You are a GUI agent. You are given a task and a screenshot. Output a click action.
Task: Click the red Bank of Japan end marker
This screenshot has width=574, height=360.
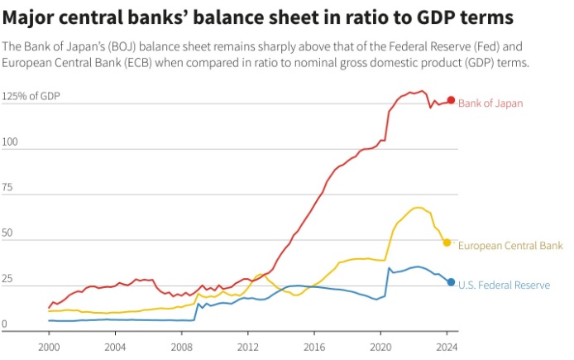pyautogui.click(x=451, y=100)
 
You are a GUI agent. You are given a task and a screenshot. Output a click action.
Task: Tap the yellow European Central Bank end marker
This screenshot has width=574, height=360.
pyautogui.click(x=447, y=242)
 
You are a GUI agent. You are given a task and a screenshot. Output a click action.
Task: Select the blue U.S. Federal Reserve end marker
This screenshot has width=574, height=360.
pyautogui.click(x=451, y=282)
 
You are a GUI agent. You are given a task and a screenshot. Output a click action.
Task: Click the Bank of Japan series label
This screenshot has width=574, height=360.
pyautogui.click(x=490, y=103)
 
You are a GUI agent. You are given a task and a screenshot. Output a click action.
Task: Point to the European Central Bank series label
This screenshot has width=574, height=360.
pyautogui.click(x=510, y=246)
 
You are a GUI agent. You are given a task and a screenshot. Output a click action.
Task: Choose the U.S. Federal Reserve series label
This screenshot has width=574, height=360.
pyautogui.click(x=504, y=286)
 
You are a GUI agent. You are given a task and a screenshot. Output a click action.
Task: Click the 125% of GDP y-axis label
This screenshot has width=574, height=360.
pyautogui.click(x=31, y=96)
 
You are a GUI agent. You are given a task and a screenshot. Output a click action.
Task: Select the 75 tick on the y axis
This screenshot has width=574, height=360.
pyautogui.click(x=8, y=188)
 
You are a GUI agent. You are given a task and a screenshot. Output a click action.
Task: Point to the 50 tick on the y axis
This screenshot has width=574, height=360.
pyautogui.click(x=8, y=233)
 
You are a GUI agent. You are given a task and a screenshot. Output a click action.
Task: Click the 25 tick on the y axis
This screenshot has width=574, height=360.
pyautogui.click(x=8, y=279)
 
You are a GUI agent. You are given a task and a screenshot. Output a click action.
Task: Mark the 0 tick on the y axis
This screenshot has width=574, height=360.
pyautogui.click(x=6, y=324)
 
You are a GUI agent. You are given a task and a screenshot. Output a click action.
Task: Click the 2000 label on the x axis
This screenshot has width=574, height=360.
pyautogui.click(x=49, y=345)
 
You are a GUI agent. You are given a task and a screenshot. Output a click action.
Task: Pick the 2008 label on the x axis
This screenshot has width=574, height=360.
pyautogui.click(x=181, y=345)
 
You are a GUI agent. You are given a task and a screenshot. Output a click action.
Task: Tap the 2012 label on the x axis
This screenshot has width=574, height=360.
pyautogui.click(x=247, y=345)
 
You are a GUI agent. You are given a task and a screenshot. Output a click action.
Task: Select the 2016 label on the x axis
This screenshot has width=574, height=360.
pyautogui.click(x=314, y=345)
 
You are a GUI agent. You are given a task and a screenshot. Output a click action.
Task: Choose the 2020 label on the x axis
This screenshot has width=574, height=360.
pyautogui.click(x=380, y=345)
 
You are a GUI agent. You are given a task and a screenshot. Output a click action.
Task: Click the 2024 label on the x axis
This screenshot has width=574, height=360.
pyautogui.click(x=447, y=345)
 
